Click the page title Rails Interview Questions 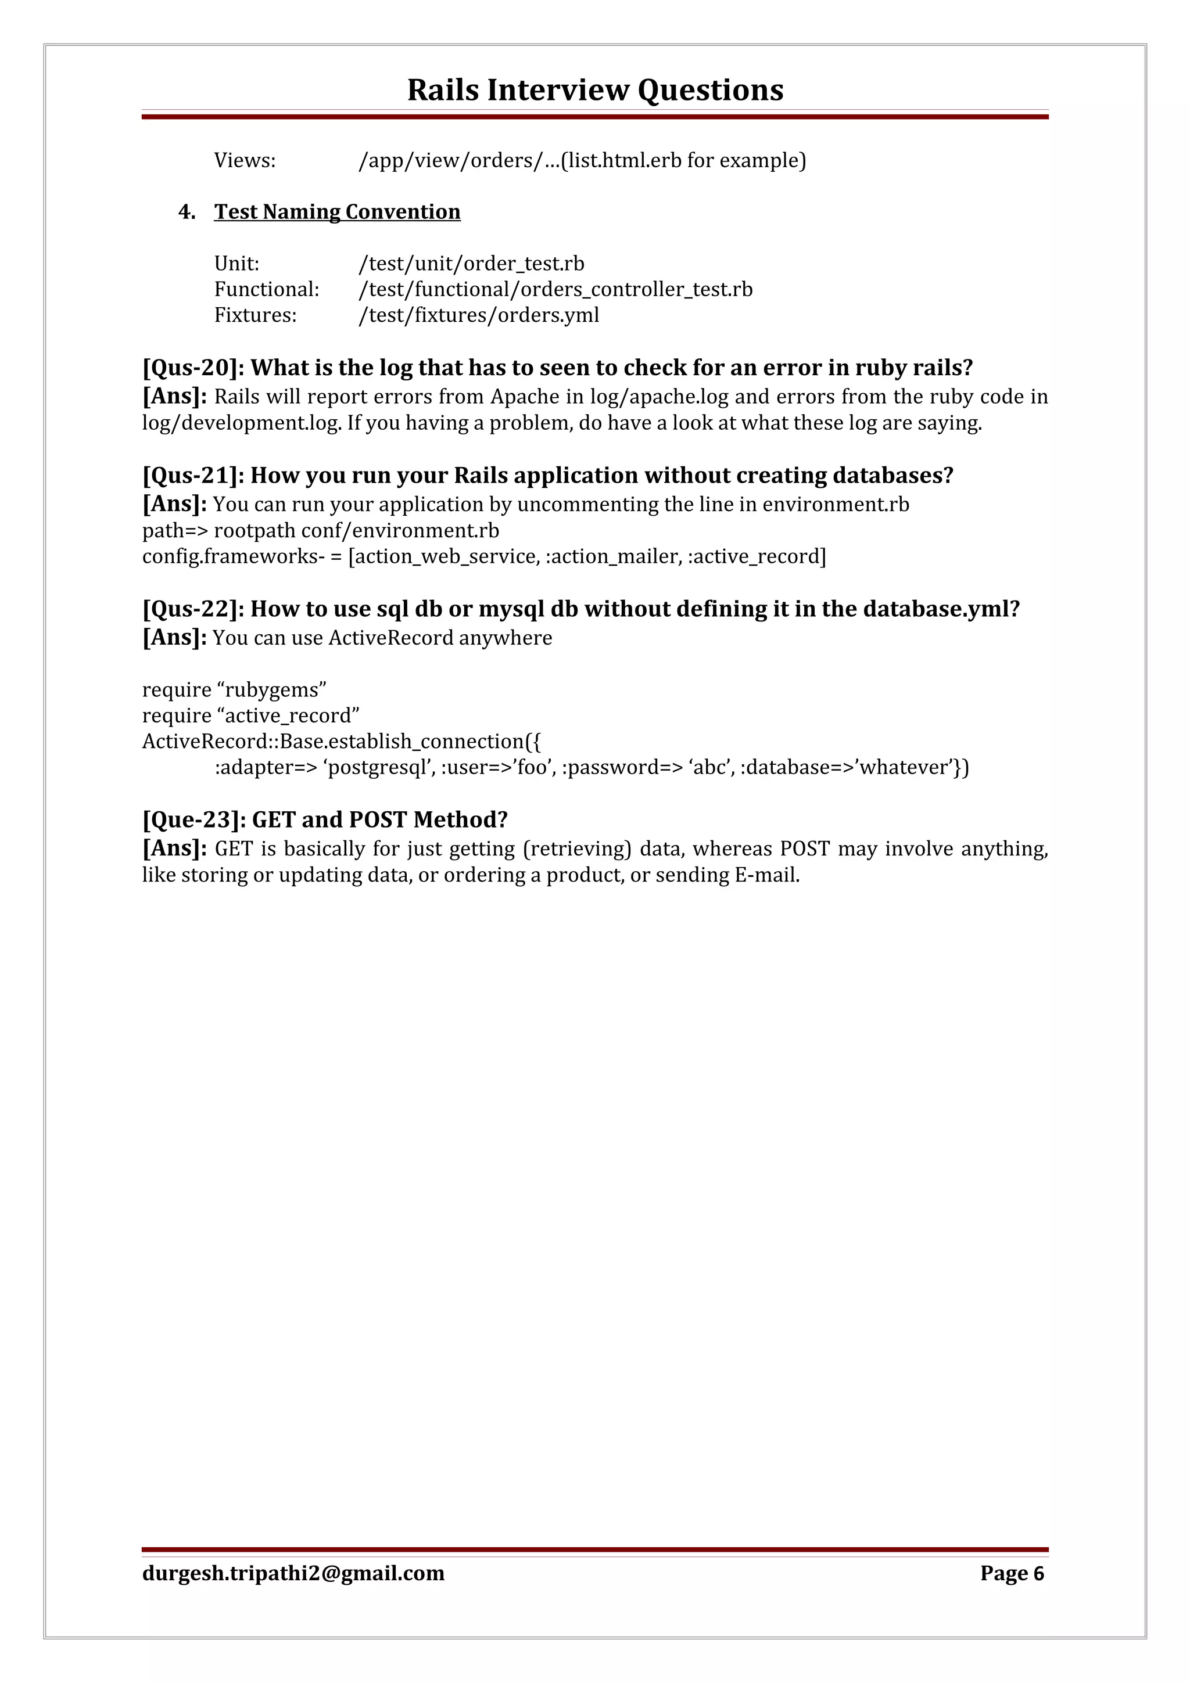594,90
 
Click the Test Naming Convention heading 336,212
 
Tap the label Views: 244,160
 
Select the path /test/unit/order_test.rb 471,264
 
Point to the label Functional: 266,290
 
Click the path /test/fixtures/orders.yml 479,315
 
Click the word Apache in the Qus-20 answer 524,397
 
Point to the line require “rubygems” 234,690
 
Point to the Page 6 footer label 1011,1573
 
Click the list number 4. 187,212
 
